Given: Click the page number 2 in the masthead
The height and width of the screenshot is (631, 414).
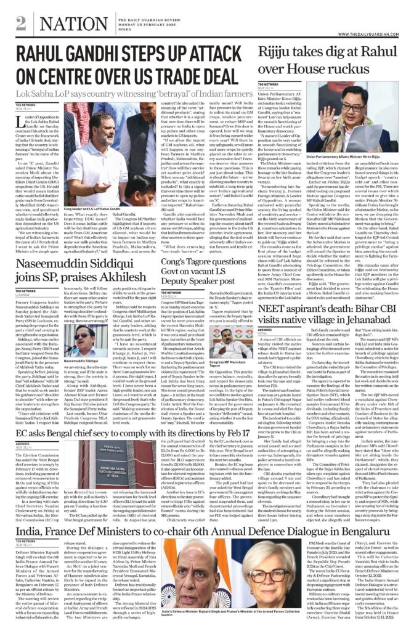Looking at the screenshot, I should (21, 23).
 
